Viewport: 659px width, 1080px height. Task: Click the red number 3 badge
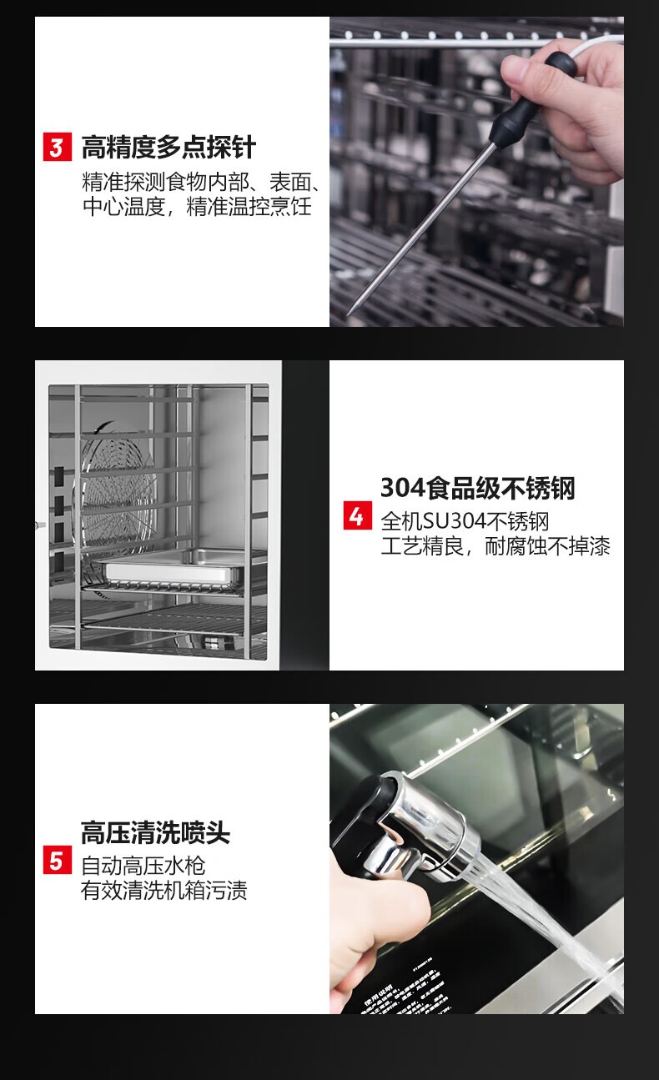[58, 147]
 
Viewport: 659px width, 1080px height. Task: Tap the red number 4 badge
[358, 515]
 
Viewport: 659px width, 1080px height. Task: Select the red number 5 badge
[58, 860]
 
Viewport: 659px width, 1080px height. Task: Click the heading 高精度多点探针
[169, 147]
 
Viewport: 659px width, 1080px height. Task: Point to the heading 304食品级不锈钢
[478, 488]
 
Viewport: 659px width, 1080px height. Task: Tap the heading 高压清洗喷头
[155, 832]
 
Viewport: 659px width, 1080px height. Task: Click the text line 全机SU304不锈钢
[465, 521]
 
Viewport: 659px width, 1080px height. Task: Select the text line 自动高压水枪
[143, 866]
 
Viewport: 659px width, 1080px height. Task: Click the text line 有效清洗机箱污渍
[164, 890]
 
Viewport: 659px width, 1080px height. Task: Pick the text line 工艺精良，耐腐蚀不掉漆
[496, 546]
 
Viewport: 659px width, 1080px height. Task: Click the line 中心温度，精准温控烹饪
[198, 207]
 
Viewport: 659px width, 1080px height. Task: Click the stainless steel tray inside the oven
[174, 566]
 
